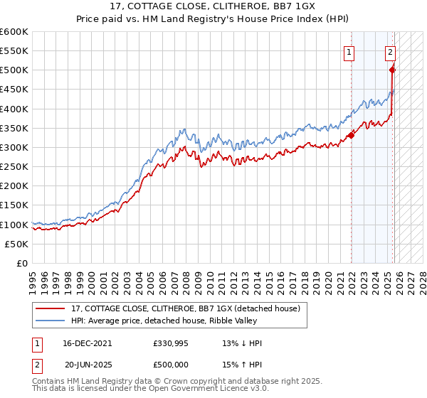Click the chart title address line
213,6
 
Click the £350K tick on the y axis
14,128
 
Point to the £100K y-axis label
14,225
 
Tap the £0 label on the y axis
22,263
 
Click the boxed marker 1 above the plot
350,52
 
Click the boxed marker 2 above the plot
391,52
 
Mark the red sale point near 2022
351,135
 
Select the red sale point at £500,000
392,70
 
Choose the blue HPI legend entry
178,321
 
